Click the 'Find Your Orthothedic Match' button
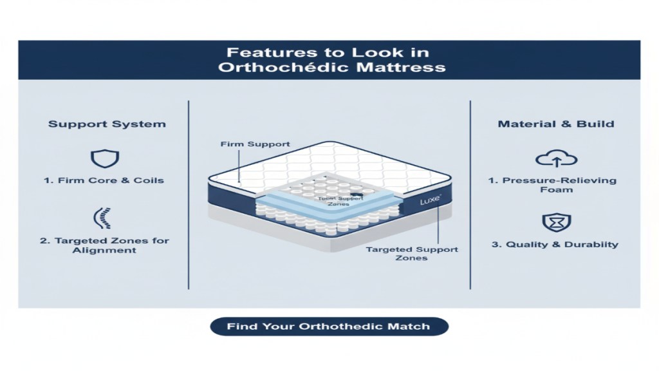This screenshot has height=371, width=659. click(329, 327)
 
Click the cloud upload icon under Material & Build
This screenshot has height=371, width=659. click(555, 158)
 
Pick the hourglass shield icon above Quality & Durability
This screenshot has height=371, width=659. click(555, 221)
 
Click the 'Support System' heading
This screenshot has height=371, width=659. click(107, 124)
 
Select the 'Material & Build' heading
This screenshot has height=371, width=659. click(555, 124)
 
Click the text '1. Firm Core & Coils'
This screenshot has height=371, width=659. click(104, 180)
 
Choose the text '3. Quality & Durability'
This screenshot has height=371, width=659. click(555, 244)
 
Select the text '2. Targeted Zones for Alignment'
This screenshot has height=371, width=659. click(104, 245)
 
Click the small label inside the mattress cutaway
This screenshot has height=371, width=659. click(337, 200)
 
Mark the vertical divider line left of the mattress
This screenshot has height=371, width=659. click(188, 195)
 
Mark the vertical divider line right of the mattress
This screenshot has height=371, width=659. click(470, 195)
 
